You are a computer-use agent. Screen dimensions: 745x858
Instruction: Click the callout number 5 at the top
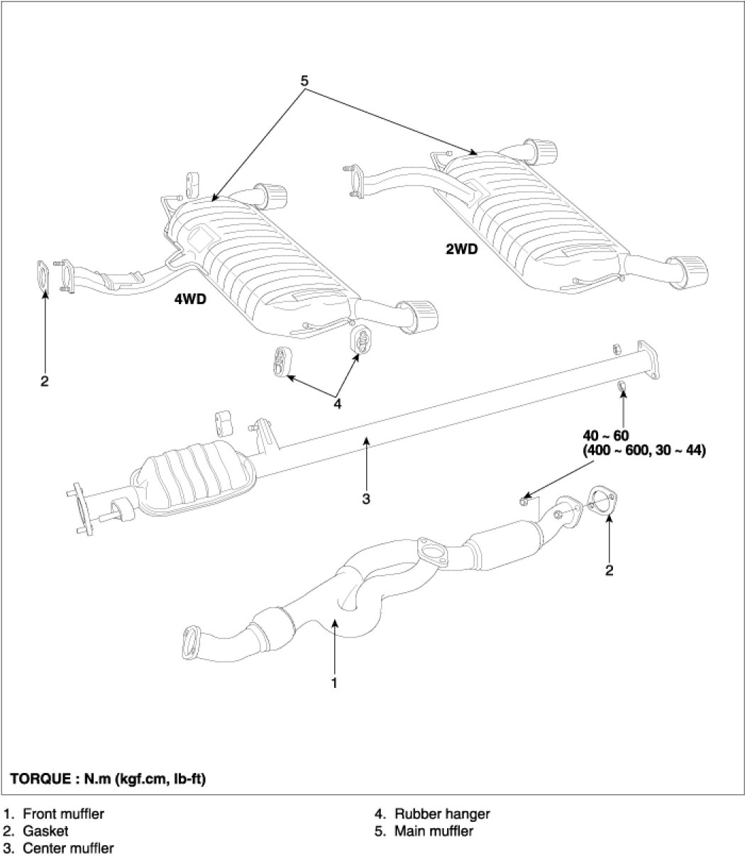[x=304, y=80]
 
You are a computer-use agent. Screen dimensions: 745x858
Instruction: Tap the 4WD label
[x=190, y=299]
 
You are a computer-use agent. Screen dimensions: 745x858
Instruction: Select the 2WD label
[x=461, y=249]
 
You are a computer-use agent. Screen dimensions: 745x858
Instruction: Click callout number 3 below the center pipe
[x=366, y=499]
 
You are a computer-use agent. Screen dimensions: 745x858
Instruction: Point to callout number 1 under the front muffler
[x=334, y=683]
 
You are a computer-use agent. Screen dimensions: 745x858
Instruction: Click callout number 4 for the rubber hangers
[x=337, y=404]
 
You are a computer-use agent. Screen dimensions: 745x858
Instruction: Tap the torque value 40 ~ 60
[x=606, y=435]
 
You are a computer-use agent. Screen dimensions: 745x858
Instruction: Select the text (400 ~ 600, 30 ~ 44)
[x=644, y=451]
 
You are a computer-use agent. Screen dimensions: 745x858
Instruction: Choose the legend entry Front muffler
[x=63, y=814]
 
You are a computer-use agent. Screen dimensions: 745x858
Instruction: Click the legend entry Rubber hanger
[x=442, y=814]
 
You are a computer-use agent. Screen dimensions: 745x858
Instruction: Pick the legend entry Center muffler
[x=68, y=848]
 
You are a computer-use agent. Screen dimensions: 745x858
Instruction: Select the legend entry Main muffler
[x=434, y=831]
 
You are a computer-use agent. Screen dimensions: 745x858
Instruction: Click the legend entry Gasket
[x=45, y=831]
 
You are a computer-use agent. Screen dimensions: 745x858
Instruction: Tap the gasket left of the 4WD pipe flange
[x=43, y=276]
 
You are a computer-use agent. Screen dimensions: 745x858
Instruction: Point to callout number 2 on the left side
[x=45, y=381]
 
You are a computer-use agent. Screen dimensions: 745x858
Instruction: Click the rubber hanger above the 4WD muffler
[x=192, y=184]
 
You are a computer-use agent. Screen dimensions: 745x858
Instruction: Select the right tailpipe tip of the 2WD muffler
[x=691, y=272]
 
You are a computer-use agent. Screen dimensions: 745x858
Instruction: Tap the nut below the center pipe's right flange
[x=622, y=386]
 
